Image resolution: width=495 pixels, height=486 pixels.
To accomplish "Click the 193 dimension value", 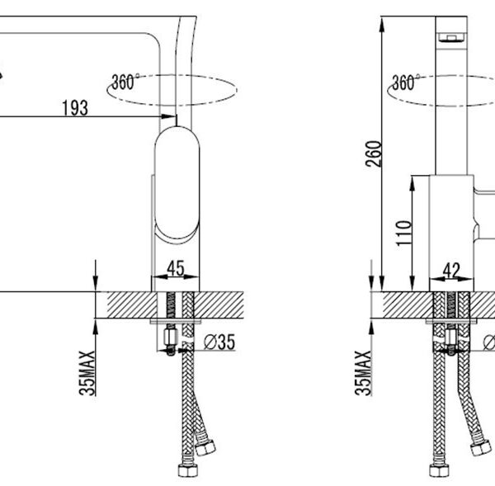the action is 75,108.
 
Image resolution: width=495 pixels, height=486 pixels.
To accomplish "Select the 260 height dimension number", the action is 374,153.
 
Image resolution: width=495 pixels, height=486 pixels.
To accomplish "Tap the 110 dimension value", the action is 403,234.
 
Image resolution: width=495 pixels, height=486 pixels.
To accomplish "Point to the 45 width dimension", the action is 176,268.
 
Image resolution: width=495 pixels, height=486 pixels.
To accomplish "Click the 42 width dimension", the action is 451,271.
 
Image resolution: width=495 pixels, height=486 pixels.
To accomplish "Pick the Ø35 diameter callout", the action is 219,342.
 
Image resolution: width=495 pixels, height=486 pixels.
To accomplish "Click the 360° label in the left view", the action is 125,82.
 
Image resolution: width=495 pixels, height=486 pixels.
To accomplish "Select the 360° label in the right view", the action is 406,83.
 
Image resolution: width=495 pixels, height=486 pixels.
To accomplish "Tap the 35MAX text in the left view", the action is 87,373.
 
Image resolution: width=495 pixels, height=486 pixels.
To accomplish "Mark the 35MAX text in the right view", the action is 363,373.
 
